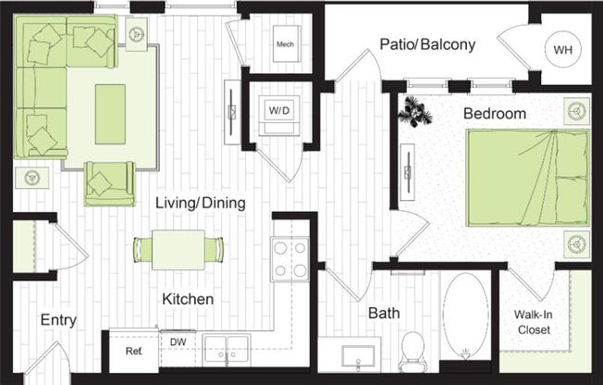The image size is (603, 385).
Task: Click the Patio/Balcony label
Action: (x=427, y=43)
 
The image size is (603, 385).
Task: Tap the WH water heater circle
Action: (x=562, y=50)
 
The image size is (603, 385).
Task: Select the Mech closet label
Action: (x=286, y=43)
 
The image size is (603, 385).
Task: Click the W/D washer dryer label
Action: (x=278, y=110)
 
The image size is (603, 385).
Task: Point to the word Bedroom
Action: (x=495, y=114)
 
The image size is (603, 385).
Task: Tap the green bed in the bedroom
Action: (x=527, y=178)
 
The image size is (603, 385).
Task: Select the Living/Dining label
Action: (x=193, y=203)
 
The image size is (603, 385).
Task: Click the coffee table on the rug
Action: (x=110, y=114)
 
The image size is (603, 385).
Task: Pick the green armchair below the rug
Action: (x=109, y=182)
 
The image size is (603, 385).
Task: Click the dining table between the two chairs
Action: (x=178, y=250)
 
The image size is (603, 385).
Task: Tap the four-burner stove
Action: (x=289, y=258)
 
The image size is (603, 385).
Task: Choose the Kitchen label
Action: (x=189, y=300)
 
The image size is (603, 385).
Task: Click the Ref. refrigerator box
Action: (x=133, y=352)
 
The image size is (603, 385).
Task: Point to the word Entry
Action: (x=58, y=320)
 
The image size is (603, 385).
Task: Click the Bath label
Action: (x=384, y=314)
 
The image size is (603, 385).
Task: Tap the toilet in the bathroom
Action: (x=412, y=350)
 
